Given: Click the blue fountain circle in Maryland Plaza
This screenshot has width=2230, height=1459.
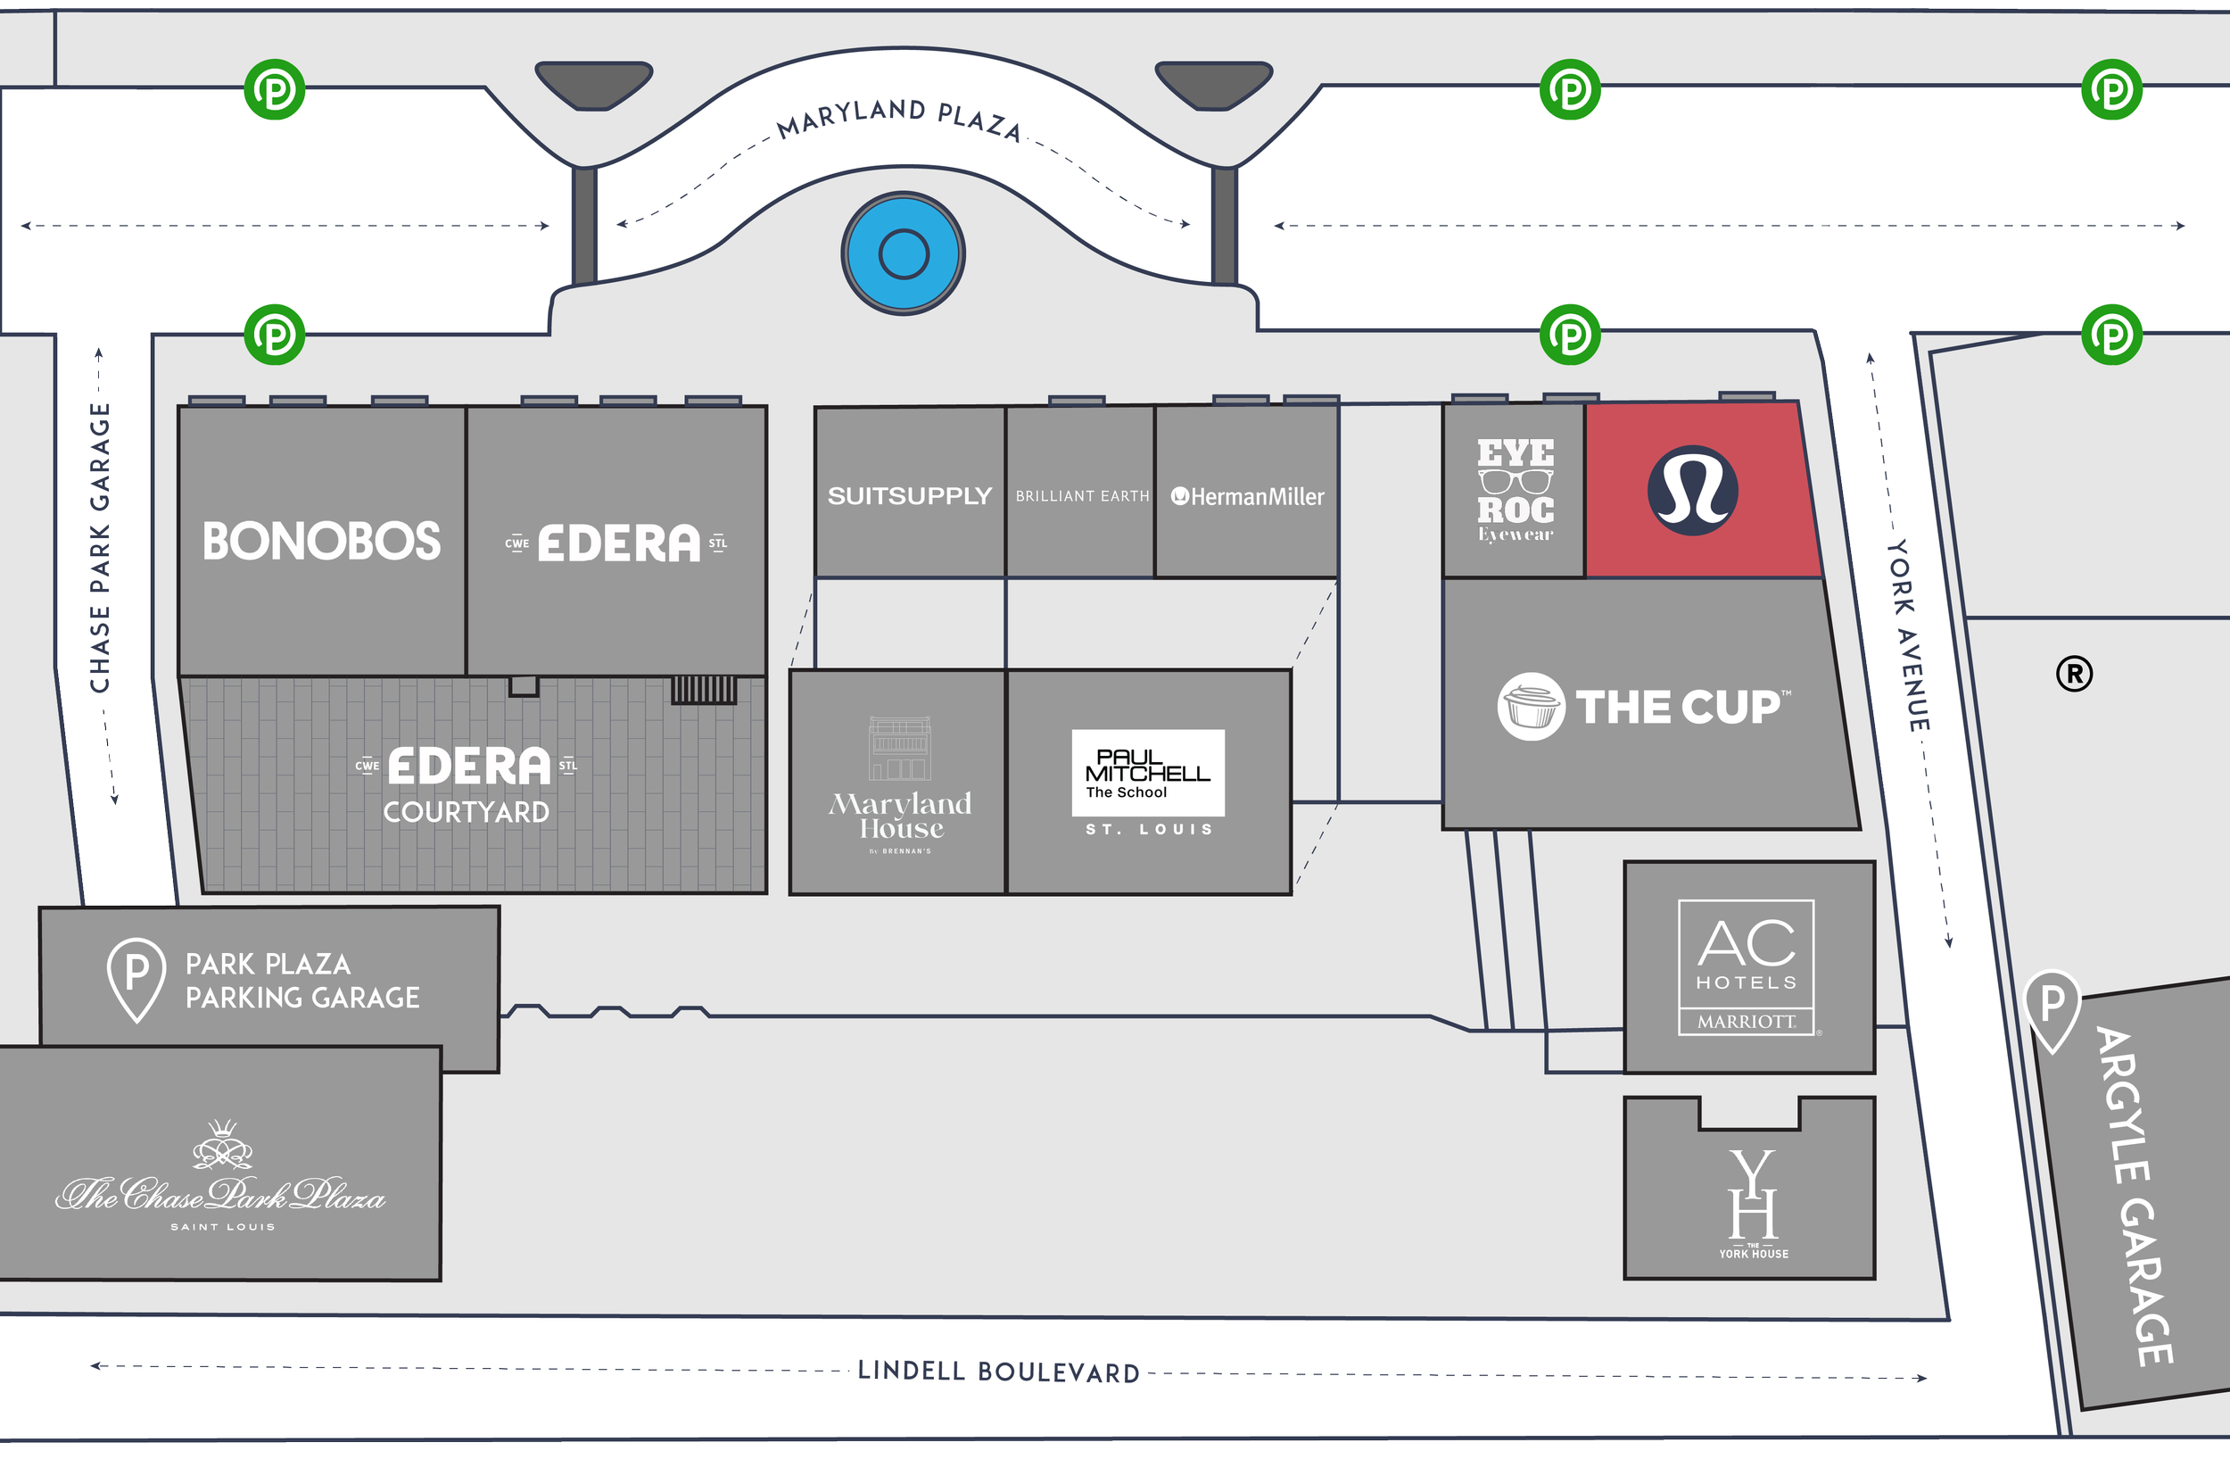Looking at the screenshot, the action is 904,253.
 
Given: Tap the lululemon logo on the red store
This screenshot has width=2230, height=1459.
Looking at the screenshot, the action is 1692,490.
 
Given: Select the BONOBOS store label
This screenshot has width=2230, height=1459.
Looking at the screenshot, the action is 321,542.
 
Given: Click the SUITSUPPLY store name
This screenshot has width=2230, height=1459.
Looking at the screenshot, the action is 909,496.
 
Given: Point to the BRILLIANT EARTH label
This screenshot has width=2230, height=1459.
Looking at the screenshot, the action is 1082,496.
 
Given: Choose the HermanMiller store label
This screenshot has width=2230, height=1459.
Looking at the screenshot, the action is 1248,497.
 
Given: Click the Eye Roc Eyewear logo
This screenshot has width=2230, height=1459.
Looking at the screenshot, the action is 1516,490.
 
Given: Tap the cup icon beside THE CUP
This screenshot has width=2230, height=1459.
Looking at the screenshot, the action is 1530,707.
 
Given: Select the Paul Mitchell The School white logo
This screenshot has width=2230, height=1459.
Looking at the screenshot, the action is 1148,772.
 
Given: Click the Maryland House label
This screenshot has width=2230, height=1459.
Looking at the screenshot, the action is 900,816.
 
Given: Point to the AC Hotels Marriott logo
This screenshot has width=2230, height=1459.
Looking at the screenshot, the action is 1747,967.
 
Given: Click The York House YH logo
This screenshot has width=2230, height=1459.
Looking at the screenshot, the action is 1753,1197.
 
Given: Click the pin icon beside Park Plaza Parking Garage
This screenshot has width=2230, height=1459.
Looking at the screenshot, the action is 136,978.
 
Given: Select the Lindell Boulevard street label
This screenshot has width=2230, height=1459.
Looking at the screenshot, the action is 999,1372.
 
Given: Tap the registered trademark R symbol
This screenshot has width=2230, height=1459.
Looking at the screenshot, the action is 2074,674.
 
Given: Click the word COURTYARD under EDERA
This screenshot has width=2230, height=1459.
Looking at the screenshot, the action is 466,812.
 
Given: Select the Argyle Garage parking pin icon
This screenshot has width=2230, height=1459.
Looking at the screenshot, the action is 2052,1008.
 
